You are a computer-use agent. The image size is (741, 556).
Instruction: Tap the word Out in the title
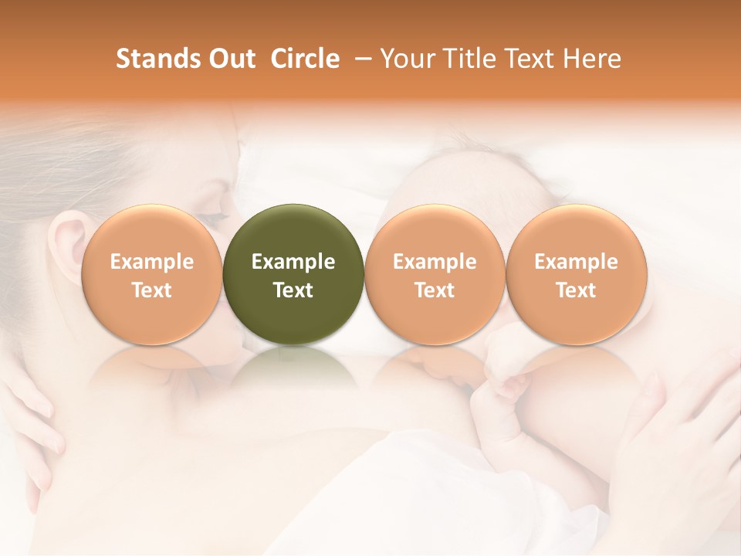(x=229, y=59)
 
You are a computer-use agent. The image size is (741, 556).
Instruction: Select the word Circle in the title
(x=305, y=59)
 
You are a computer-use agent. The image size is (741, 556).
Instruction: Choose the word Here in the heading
(x=591, y=59)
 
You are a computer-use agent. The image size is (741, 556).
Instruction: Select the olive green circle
(x=293, y=232)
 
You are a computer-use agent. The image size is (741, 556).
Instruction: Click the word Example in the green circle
(x=293, y=262)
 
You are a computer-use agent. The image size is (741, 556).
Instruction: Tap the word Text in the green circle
(x=293, y=290)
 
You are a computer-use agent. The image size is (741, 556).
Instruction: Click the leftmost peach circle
(x=151, y=232)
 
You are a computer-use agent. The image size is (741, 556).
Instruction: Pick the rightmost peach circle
(x=576, y=232)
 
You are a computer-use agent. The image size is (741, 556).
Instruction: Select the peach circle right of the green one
(x=435, y=232)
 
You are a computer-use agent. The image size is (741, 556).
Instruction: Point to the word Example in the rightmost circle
(x=576, y=262)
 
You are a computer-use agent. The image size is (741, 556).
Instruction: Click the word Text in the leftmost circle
(x=151, y=290)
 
